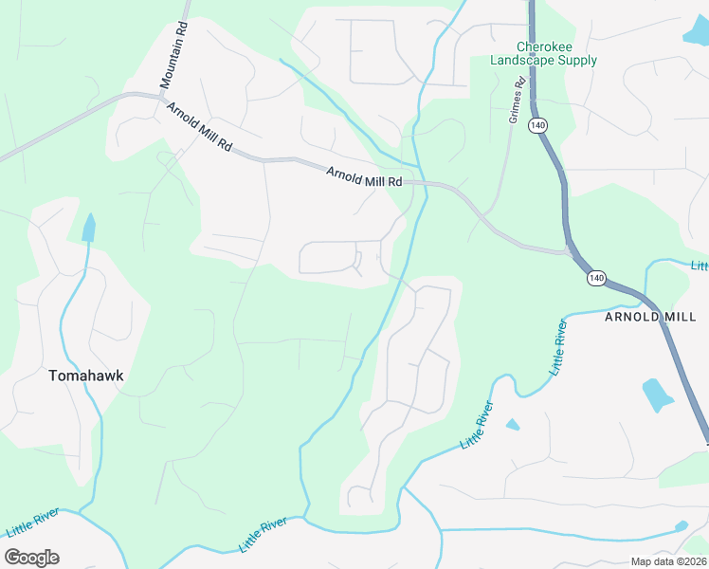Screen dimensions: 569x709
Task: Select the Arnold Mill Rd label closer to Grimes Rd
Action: (364, 176)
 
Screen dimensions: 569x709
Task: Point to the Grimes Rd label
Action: (517, 100)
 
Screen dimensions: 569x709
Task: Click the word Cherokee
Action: (544, 46)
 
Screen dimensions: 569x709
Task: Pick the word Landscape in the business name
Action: (523, 61)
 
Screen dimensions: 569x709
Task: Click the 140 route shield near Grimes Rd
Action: (538, 125)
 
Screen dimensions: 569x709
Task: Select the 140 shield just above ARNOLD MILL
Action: (595, 278)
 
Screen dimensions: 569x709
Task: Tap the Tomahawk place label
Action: (85, 376)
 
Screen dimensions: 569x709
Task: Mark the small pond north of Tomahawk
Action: (89, 228)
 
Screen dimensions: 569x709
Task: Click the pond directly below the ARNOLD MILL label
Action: (655, 394)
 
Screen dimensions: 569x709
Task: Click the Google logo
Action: (31, 558)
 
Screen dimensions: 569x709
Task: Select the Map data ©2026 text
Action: (666, 561)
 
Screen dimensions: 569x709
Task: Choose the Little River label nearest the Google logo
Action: (33, 522)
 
